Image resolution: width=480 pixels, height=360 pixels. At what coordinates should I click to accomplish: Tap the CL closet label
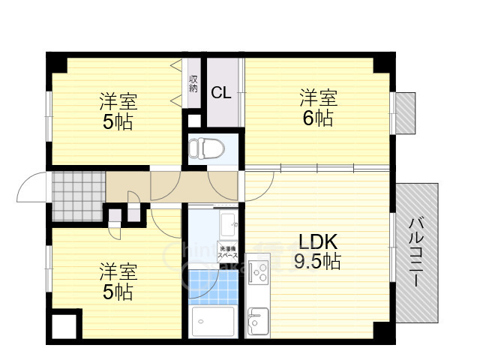point(220,93)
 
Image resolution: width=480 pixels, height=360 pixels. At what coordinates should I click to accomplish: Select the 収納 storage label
point(193,83)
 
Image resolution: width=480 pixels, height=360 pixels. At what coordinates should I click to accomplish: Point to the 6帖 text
point(319,118)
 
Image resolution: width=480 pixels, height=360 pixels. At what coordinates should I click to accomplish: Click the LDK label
point(319,241)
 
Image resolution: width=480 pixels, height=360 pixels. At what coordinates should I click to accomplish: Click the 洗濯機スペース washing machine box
point(228,252)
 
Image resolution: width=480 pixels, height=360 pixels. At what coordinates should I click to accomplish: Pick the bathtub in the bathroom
point(214,322)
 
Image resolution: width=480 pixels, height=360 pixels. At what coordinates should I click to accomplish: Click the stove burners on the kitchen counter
point(258,270)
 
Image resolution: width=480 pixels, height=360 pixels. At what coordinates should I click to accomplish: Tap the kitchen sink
point(258,322)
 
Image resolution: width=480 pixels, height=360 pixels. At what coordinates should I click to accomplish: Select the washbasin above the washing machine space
point(229,223)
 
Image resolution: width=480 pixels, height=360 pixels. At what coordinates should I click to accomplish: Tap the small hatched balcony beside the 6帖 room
point(405,112)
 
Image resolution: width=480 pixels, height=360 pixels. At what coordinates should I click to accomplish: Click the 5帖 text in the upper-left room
point(118,121)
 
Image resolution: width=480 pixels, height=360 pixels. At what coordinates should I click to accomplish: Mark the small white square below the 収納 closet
point(193,119)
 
